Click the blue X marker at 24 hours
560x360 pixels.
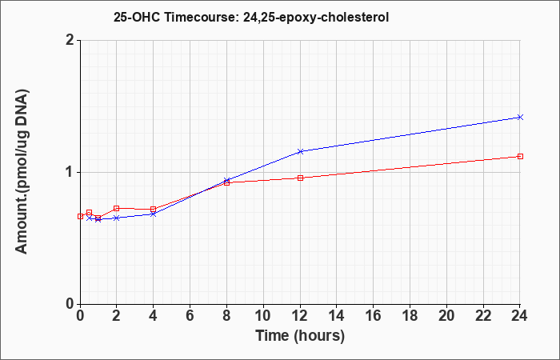[x=520, y=117]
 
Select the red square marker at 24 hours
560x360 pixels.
[x=520, y=157]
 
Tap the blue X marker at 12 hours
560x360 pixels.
[x=300, y=151]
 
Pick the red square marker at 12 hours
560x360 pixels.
[x=300, y=178]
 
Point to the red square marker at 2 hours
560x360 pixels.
[x=117, y=208]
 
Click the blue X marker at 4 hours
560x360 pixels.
[x=154, y=214]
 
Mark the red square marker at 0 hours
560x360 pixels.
[x=80, y=216]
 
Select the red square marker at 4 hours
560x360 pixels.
[x=154, y=209]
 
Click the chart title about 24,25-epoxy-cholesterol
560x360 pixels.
[x=251, y=17]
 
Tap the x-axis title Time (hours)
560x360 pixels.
[x=300, y=336]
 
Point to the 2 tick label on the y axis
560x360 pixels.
[x=70, y=40]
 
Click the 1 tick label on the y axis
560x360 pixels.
[x=70, y=173]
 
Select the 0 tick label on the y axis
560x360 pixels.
[x=70, y=304]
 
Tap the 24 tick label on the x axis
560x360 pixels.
[x=520, y=316]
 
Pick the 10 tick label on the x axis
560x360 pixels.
[x=263, y=316]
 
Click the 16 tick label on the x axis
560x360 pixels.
[x=374, y=316]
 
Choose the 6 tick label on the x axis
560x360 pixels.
[x=190, y=316]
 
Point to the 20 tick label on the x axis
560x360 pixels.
[x=446, y=316]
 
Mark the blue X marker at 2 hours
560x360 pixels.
[x=117, y=218]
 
